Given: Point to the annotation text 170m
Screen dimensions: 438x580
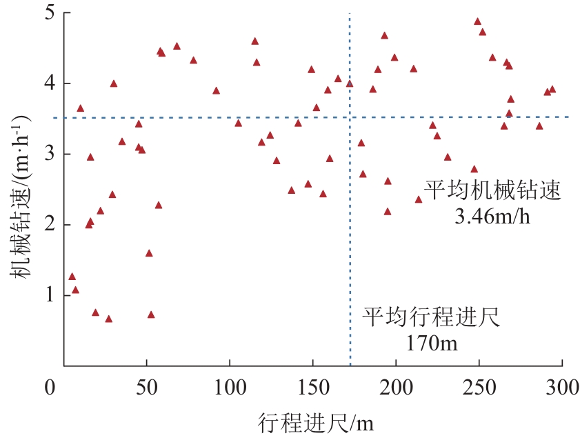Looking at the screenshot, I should (431, 342).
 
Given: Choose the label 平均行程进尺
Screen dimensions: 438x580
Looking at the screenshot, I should (431, 318).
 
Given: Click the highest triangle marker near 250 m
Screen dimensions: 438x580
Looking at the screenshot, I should (477, 21).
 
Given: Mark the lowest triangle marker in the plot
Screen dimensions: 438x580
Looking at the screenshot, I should (108, 319).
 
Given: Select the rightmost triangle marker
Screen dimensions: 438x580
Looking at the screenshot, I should (552, 89).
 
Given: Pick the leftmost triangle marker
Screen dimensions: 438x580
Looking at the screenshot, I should (72, 277).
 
